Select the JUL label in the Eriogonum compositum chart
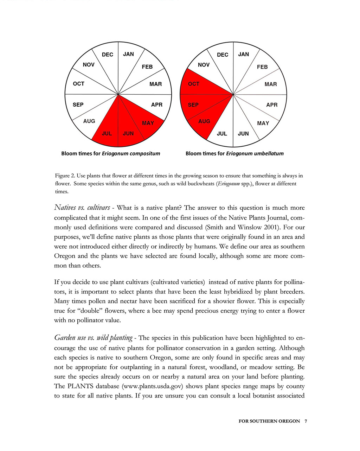click(107, 134)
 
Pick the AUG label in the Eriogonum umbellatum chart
click(204, 121)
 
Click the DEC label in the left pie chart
click(107, 55)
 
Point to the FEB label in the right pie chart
click(262, 67)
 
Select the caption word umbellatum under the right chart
click(266, 153)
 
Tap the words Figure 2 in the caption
click(65, 176)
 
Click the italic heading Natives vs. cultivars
click(82, 208)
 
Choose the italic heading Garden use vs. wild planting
click(93, 338)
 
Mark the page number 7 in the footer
click(306, 421)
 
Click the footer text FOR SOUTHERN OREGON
click(269, 421)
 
